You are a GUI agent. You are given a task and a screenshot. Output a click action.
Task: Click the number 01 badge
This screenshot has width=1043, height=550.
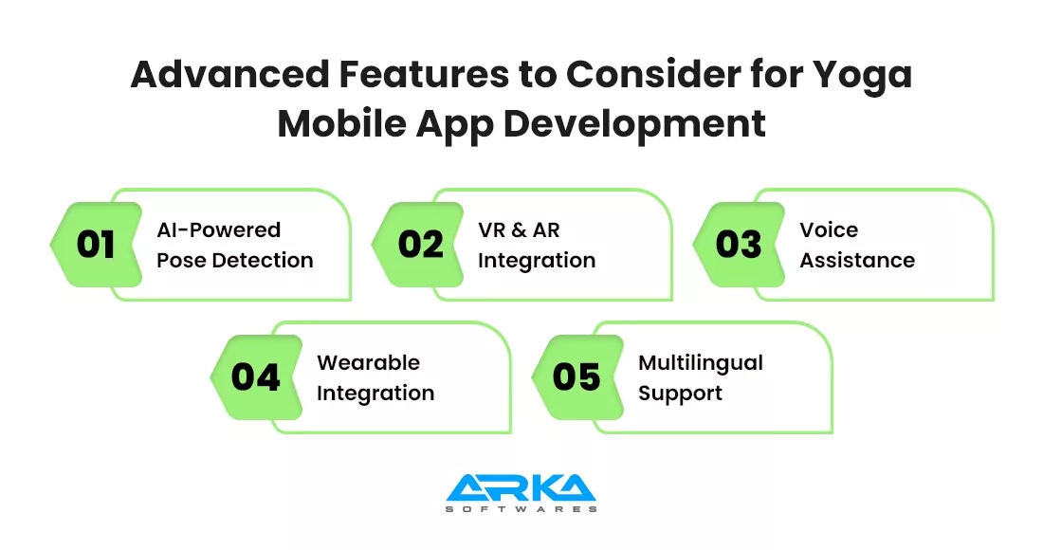pos(97,245)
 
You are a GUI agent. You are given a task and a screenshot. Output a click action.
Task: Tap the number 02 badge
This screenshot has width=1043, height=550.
pos(418,245)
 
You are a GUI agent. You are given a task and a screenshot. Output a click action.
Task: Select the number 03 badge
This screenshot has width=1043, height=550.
pos(739,245)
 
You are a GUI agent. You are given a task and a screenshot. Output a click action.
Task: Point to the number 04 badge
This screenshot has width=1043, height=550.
pos(257,377)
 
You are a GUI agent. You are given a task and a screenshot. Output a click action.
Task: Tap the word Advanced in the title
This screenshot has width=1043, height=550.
pos(229,74)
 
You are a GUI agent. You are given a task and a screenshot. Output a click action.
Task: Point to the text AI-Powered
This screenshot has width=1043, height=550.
pos(219,229)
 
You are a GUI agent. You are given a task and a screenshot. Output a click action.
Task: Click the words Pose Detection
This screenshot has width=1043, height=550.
pos(235,260)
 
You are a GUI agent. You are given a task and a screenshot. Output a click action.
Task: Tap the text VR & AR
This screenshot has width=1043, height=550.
pos(519,229)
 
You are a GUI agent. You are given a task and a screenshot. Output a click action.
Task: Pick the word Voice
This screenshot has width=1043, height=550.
pos(829,229)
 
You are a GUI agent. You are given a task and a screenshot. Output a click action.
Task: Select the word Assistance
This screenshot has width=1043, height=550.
pos(857,260)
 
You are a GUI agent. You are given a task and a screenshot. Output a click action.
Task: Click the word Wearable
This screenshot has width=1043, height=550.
pos(369,362)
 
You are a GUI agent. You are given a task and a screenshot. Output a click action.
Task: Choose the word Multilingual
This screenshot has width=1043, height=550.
pos(701,363)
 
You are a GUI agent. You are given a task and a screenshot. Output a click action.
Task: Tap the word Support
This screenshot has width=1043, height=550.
pos(681,394)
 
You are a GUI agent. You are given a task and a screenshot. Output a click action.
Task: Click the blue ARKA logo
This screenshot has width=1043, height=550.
pos(521,487)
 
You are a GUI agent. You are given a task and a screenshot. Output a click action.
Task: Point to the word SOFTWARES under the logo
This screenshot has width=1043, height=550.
pos(521,509)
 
